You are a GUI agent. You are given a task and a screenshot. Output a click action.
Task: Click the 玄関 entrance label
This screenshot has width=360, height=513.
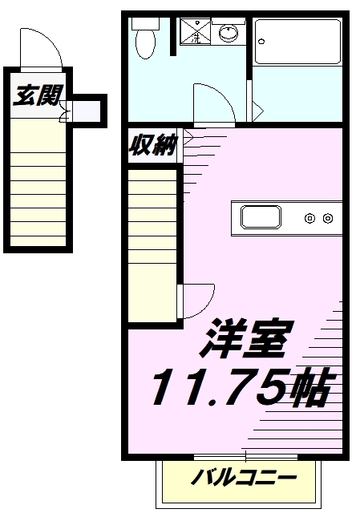point(38,95)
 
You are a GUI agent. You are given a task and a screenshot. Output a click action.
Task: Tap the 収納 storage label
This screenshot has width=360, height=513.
point(153,144)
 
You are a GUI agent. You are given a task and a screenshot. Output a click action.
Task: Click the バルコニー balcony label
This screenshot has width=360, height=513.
point(244,478)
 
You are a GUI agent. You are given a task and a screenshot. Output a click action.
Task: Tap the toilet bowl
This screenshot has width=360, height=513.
point(145,44)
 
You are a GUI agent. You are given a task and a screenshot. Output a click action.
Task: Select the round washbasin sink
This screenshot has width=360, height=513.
point(229,33)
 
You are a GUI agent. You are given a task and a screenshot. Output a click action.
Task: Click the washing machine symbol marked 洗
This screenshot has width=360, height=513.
point(196,30)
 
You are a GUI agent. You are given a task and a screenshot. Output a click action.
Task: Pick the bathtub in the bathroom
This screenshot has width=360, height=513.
point(297,42)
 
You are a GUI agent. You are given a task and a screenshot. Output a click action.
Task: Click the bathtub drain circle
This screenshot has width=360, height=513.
point(261,42)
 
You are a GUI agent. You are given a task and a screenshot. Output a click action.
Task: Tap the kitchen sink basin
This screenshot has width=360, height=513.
point(261,217)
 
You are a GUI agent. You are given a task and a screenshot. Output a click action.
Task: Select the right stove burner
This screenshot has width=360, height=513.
point(328,218)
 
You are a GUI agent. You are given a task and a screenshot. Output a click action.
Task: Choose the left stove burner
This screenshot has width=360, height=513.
point(310,218)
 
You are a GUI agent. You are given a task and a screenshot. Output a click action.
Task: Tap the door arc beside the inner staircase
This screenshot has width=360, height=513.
point(207,306)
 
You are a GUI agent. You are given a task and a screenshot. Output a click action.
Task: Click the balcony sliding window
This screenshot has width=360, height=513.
point(245,457)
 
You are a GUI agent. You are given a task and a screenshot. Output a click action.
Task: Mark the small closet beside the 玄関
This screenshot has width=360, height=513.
point(86,111)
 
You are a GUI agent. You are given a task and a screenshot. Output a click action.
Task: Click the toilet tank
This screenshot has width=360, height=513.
point(145,23)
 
